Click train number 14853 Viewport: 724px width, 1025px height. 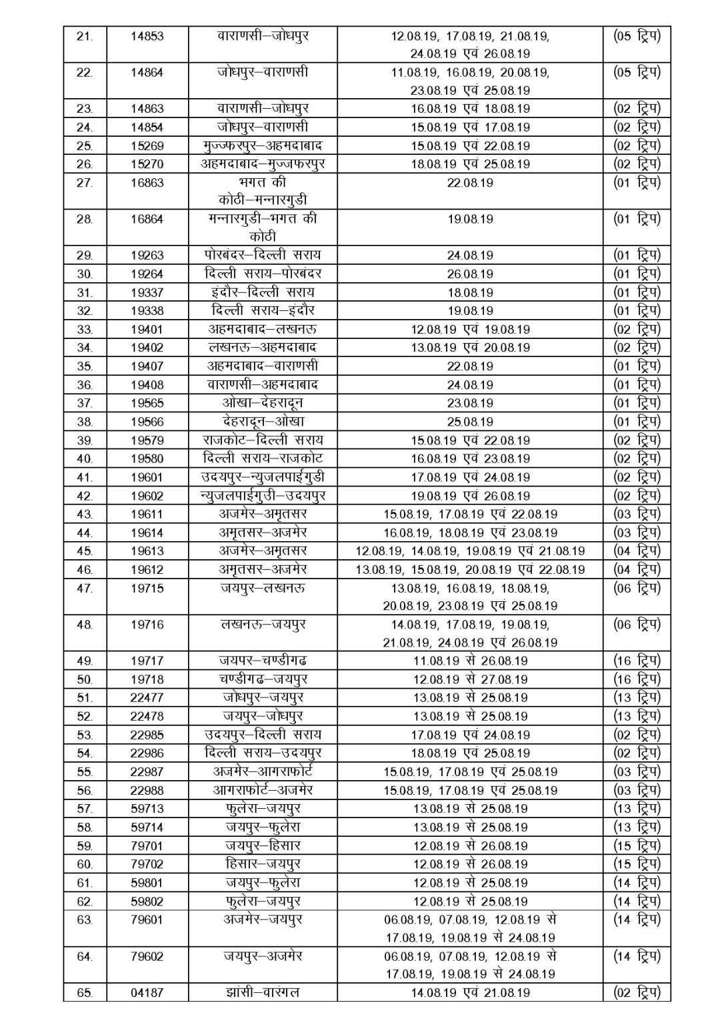[x=147, y=36]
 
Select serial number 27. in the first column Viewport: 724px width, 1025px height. [x=85, y=182]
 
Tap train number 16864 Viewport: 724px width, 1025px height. [x=147, y=219]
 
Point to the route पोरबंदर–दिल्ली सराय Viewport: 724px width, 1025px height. [x=263, y=255]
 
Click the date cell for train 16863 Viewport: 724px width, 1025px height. [x=470, y=182]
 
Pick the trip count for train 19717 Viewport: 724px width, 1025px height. [x=637, y=661]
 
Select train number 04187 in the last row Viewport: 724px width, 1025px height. [x=147, y=992]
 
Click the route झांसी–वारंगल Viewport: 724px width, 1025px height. [x=263, y=992]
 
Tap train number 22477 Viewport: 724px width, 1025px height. [x=147, y=698]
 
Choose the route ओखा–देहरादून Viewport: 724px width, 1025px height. [x=263, y=403]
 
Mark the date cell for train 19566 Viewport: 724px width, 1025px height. [x=470, y=422]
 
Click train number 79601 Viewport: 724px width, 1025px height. [x=147, y=920]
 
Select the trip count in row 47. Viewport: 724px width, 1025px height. [x=637, y=588]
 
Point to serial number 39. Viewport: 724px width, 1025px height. [x=85, y=440]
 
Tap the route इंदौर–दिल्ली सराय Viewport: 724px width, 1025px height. [x=263, y=292]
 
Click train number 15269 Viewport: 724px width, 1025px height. [x=147, y=145]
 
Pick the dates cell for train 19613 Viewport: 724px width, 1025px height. [x=470, y=551]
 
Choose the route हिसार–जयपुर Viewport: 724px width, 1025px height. [x=263, y=864]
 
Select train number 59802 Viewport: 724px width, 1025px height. [x=147, y=902]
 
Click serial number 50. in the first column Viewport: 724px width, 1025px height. [x=85, y=679]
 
